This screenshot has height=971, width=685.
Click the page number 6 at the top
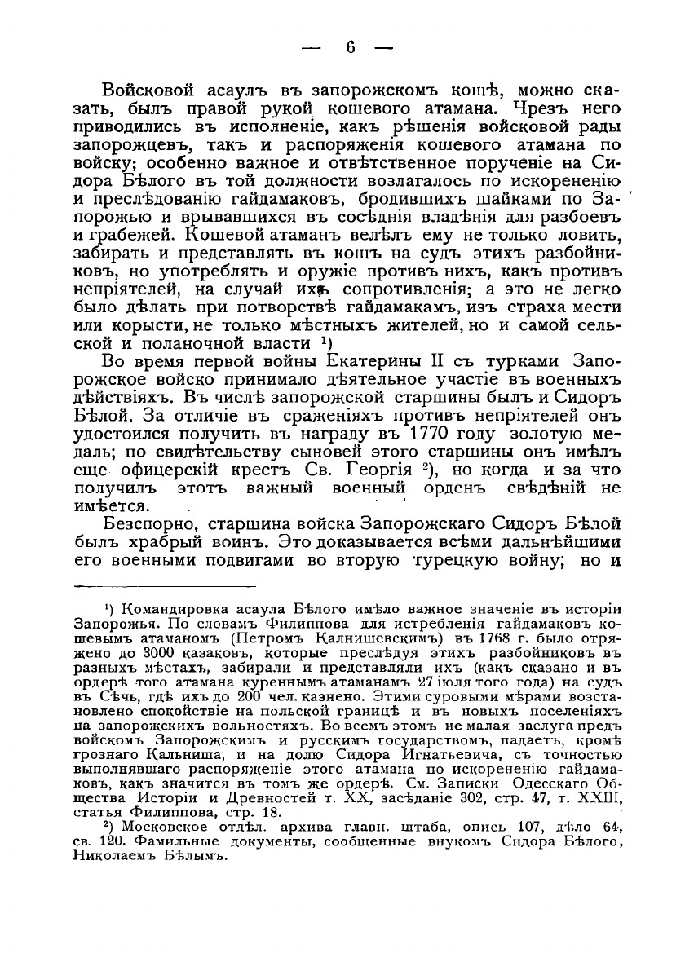(x=351, y=47)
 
